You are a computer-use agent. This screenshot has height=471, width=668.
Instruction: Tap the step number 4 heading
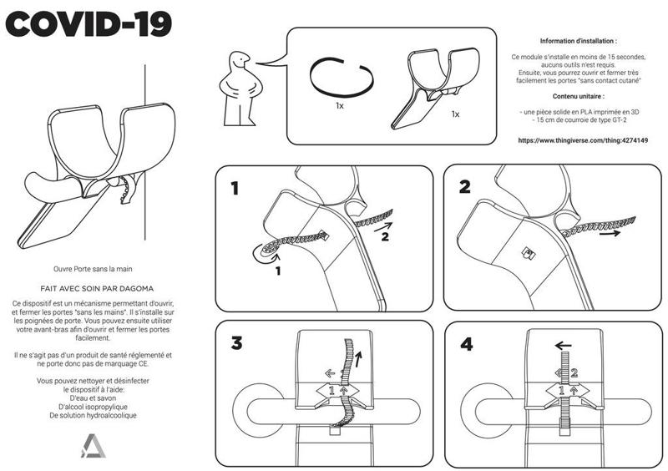point(465,343)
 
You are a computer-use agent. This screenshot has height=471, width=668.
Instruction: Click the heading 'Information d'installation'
point(578,40)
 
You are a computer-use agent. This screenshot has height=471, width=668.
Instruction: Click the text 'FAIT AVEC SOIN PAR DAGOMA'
point(94,286)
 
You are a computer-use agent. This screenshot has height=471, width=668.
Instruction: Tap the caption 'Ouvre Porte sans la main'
point(94,270)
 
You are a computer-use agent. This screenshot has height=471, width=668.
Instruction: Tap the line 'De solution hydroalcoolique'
point(94,414)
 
